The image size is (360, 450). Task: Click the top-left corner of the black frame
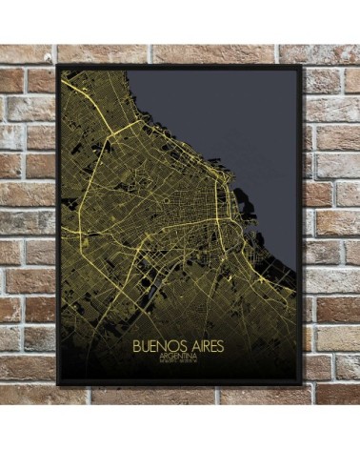click(x=57, y=65)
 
